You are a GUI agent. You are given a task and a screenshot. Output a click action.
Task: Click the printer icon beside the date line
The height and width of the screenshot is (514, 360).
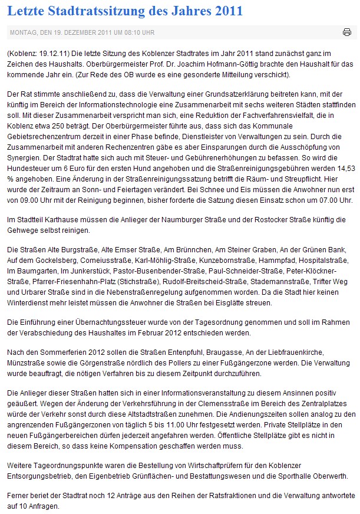(347, 32)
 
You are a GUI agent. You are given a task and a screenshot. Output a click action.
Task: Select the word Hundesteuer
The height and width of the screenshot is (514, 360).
(29, 190)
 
